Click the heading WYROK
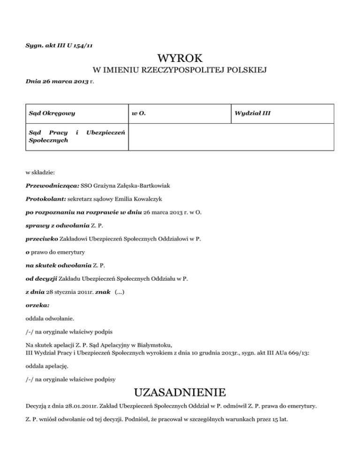[x=180, y=58]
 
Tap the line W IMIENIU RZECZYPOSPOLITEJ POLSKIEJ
[x=180, y=71]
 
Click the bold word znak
[x=103, y=292]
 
